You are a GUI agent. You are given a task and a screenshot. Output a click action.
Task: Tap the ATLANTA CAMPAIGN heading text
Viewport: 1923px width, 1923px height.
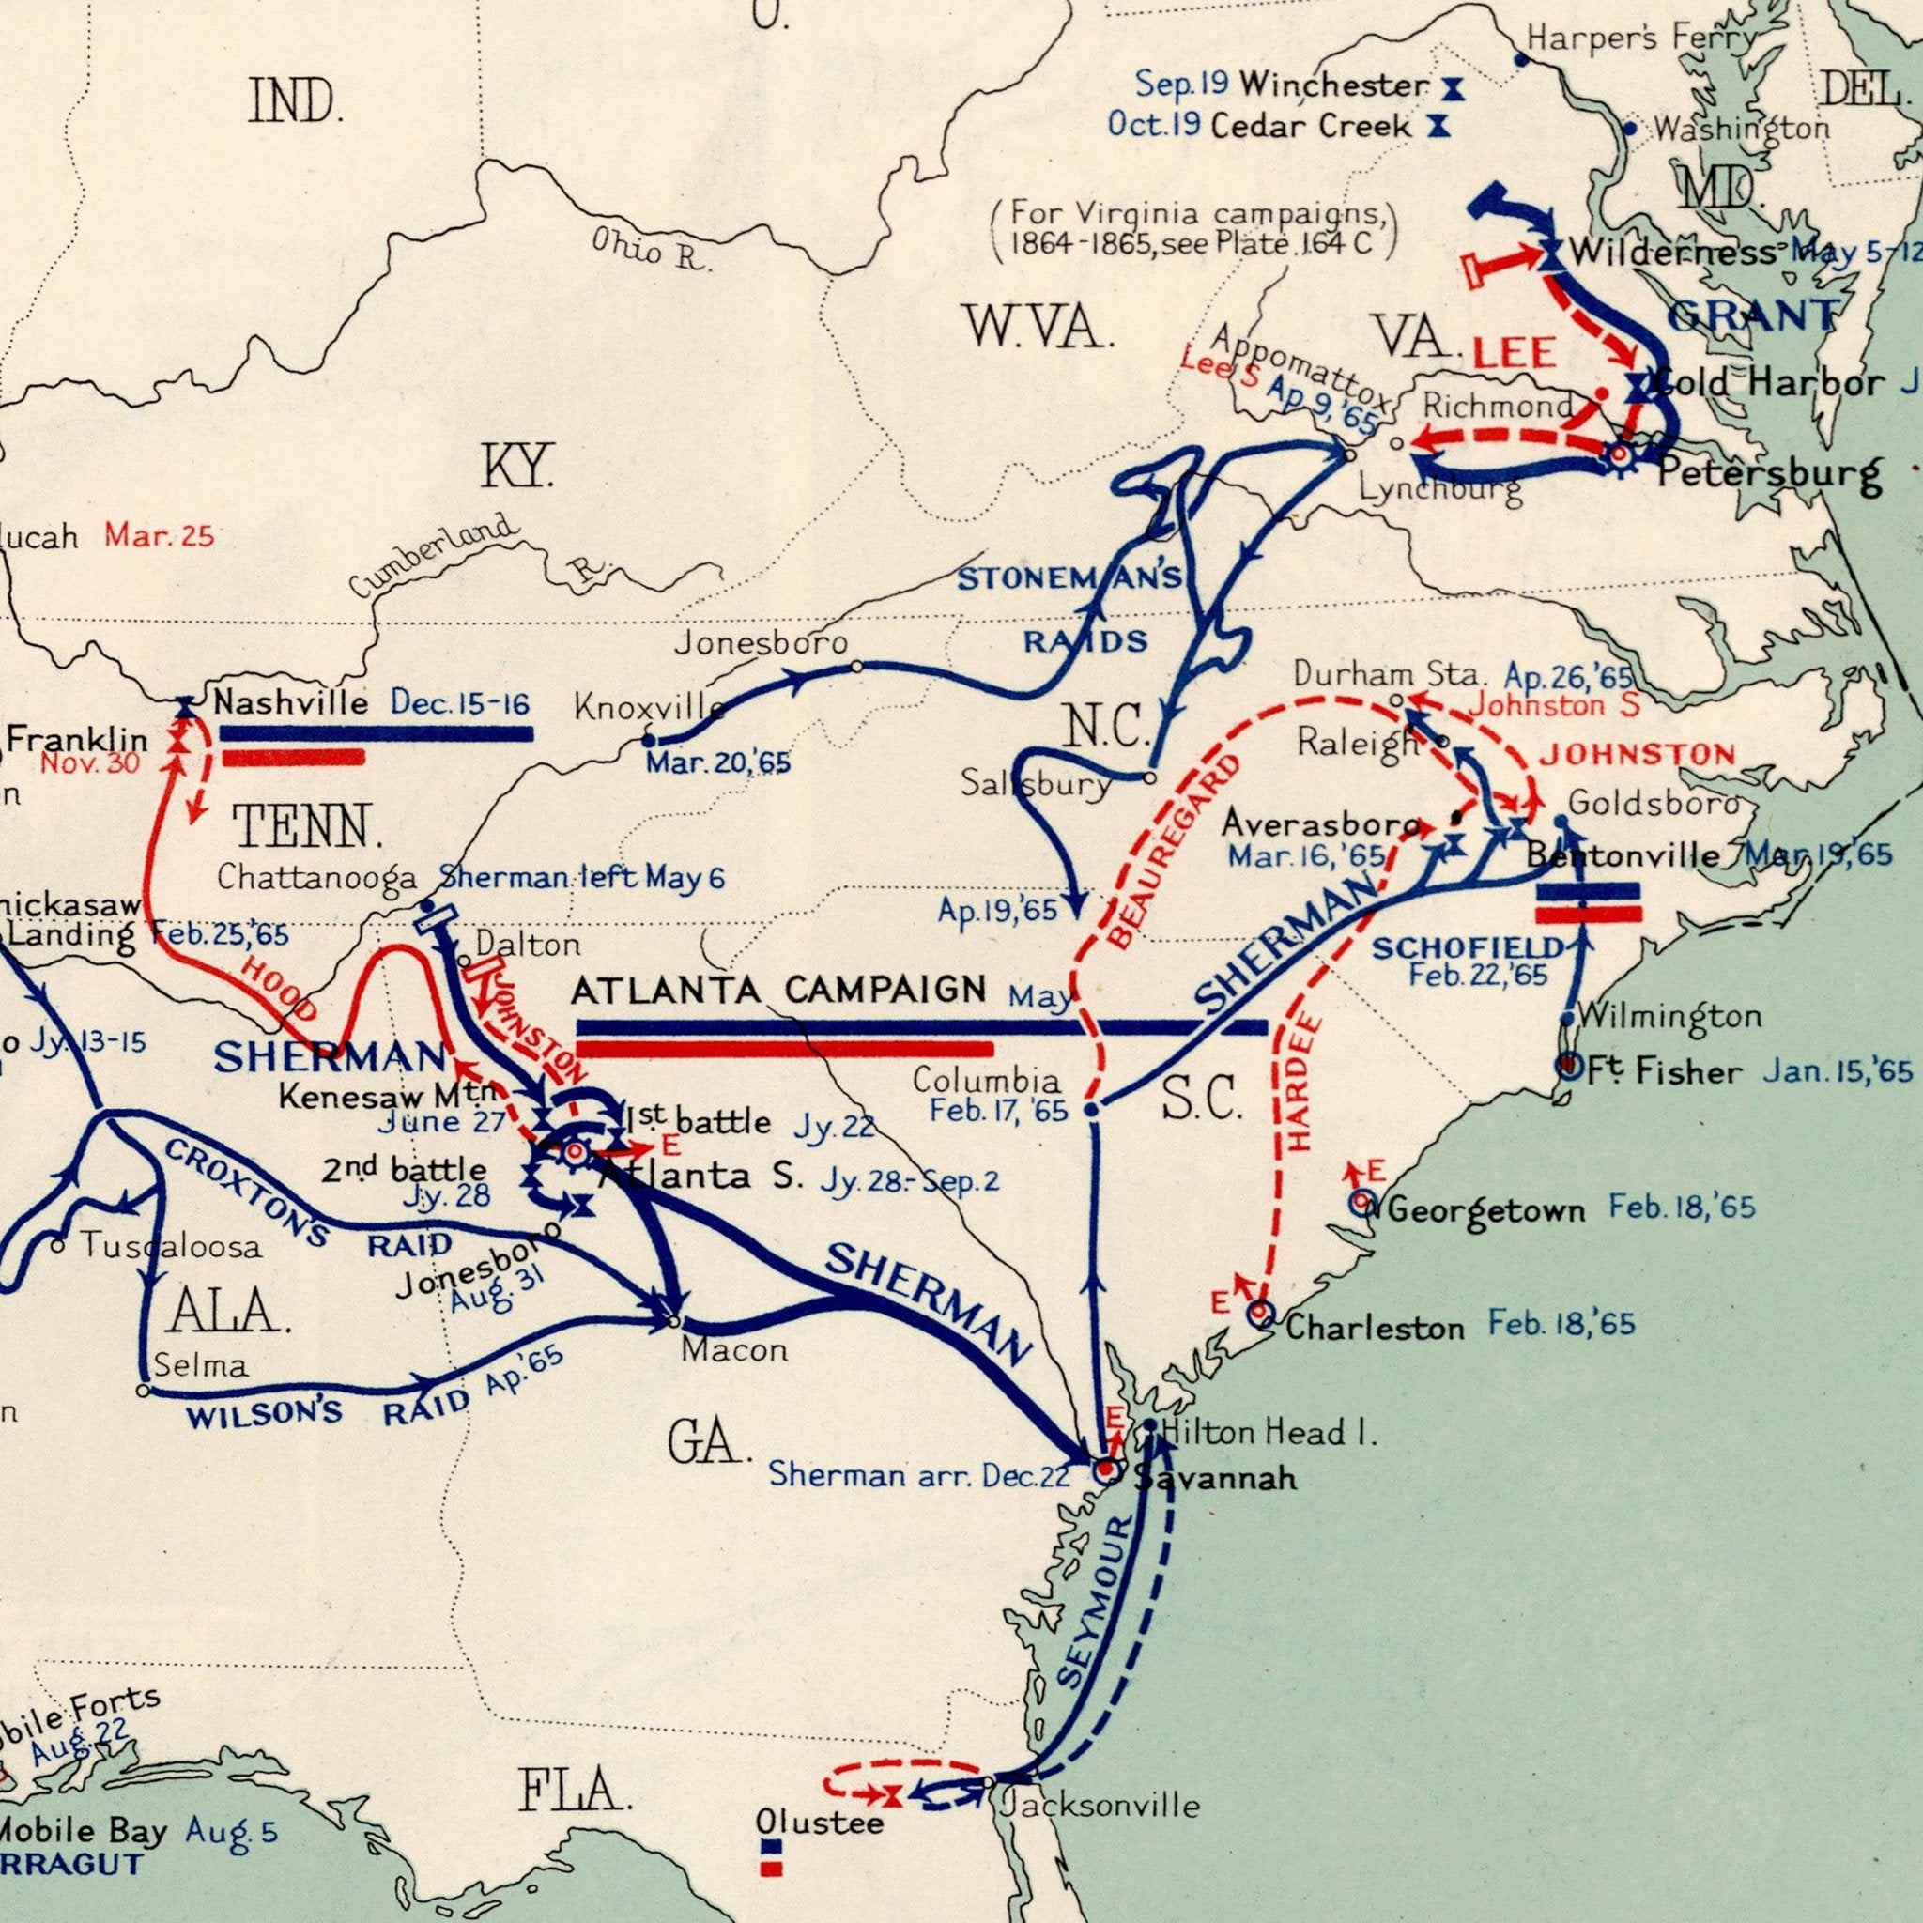click(778, 991)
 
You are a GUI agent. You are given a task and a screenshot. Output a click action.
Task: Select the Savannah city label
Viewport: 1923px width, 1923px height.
click(1216, 1479)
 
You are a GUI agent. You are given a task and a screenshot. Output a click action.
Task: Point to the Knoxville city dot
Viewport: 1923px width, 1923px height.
click(648, 742)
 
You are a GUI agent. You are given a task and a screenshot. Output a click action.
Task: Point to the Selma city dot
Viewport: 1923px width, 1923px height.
click(143, 1391)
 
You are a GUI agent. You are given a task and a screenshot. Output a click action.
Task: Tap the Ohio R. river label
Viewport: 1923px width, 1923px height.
click(652, 251)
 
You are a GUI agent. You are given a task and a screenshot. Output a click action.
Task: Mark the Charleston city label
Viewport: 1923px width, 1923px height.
click(1375, 1328)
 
